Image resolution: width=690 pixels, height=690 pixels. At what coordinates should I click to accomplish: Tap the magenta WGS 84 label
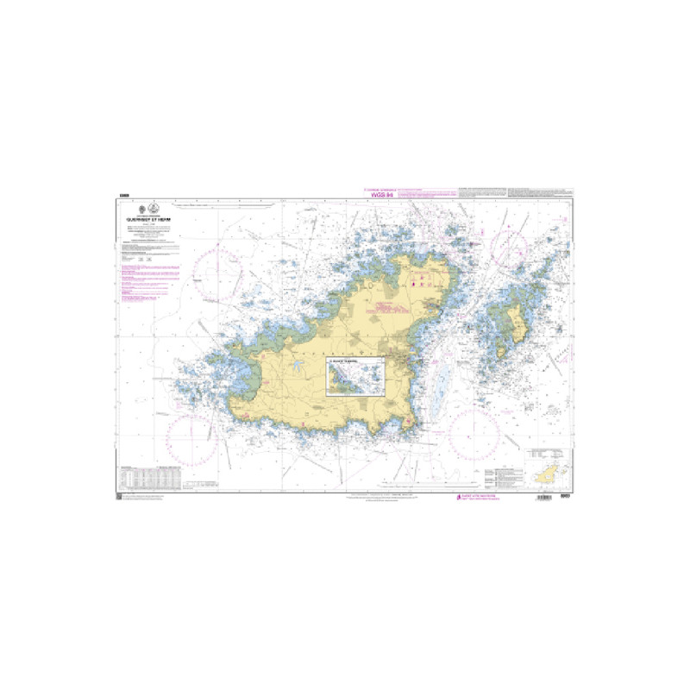381,196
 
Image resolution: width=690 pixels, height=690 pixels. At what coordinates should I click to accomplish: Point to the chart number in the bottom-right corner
565,498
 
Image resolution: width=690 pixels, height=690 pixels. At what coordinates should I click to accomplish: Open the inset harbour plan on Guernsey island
354,378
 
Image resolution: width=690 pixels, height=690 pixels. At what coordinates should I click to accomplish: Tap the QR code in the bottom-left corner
119,498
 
